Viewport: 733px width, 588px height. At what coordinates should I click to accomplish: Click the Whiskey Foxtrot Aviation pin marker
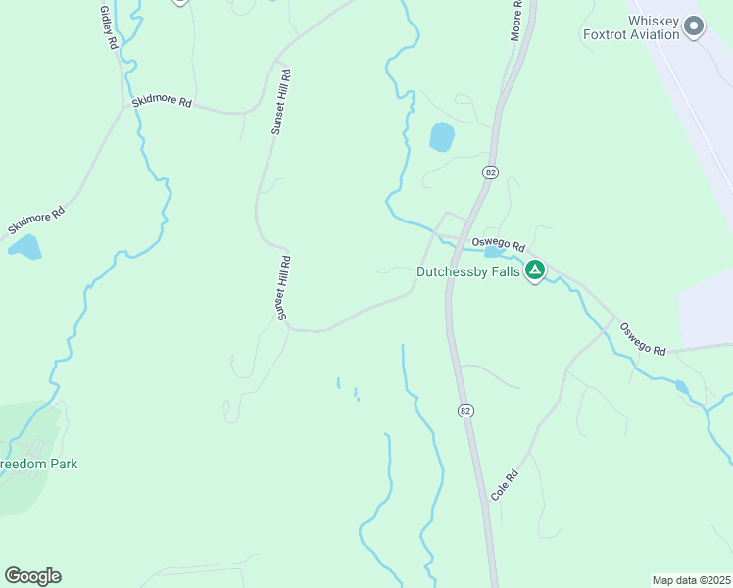pyautogui.click(x=694, y=26)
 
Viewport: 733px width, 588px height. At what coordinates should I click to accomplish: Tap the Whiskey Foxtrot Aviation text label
pyautogui.click(x=631, y=26)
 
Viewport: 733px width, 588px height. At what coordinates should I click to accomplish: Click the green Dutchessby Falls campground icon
pyautogui.click(x=534, y=270)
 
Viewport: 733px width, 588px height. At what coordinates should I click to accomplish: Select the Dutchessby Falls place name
pyautogui.click(x=468, y=271)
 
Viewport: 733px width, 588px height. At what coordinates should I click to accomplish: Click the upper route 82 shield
pyautogui.click(x=490, y=171)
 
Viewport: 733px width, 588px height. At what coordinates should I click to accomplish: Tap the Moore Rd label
pyautogui.click(x=516, y=21)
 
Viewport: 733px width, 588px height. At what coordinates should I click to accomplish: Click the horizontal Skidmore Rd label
pyautogui.click(x=161, y=101)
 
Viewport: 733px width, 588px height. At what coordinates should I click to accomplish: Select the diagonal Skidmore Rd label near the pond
pyautogui.click(x=36, y=220)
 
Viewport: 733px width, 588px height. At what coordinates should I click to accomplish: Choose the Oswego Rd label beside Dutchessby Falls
pyautogui.click(x=499, y=245)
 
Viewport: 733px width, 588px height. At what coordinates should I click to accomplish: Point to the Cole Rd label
pyautogui.click(x=504, y=486)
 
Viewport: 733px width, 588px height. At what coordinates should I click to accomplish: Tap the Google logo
pyautogui.click(x=32, y=576)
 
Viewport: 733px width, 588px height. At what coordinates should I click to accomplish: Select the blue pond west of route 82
pyautogui.click(x=442, y=137)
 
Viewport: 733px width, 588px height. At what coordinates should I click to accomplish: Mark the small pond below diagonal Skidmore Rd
pyautogui.click(x=24, y=247)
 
